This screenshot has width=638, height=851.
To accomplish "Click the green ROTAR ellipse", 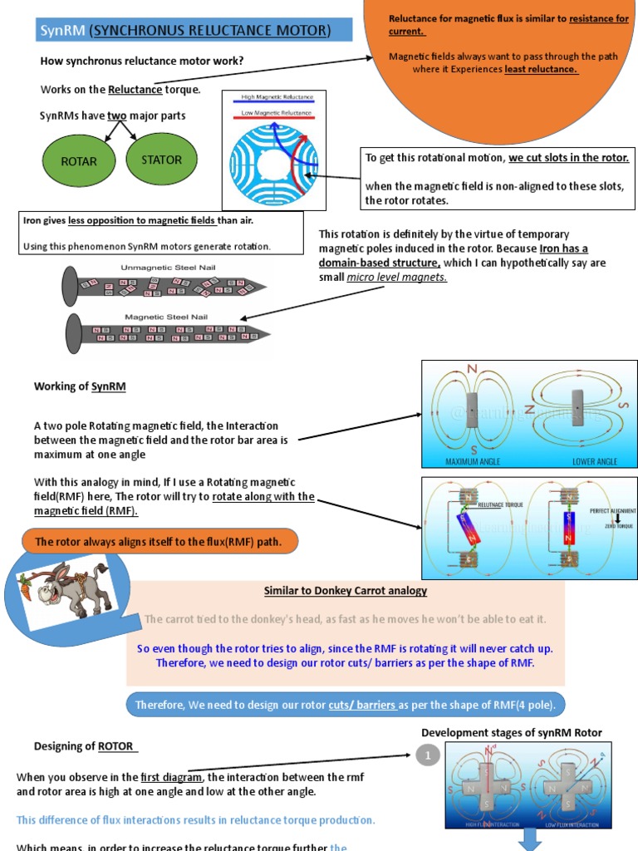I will (79, 161).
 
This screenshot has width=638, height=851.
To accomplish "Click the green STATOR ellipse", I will (161, 160).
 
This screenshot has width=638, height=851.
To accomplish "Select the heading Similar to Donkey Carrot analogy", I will (346, 591).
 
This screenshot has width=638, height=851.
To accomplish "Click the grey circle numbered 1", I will (427, 756).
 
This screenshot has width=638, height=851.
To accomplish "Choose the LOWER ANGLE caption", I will (596, 461).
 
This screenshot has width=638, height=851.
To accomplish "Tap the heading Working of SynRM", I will (80, 386).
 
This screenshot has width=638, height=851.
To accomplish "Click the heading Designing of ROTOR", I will (85, 745).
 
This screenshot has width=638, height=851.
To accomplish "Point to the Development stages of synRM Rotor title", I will (512, 732).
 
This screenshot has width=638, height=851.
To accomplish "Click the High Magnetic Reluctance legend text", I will (272, 96).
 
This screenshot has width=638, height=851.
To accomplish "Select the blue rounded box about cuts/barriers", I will (346, 705).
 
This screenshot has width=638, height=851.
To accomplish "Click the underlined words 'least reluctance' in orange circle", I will (541, 69).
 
